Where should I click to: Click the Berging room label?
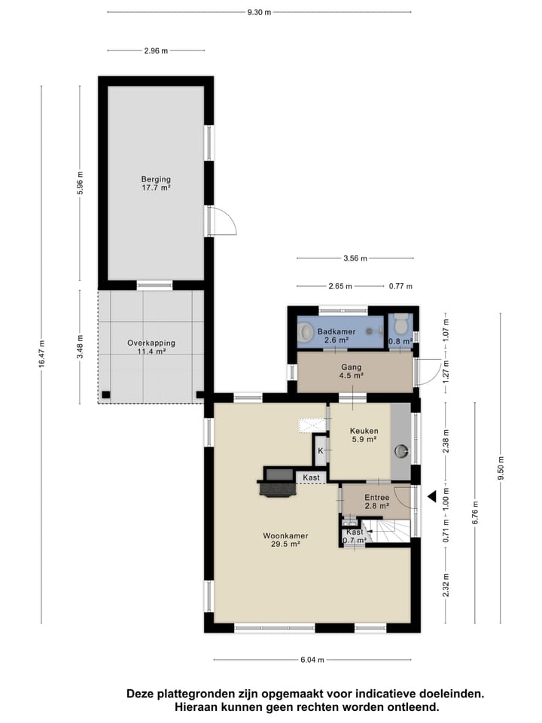[x=156, y=183]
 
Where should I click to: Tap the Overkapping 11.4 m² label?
[x=151, y=347]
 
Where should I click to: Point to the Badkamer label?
[x=333, y=336]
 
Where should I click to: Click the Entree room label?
[x=376, y=502]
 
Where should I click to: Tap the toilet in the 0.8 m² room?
[x=400, y=327]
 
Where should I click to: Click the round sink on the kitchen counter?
[x=402, y=452]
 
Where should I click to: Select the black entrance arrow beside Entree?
[x=432, y=496]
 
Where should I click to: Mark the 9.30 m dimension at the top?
[x=258, y=13]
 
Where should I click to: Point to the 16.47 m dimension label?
[x=41, y=354]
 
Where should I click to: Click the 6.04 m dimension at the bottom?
[x=311, y=660]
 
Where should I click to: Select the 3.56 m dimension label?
[x=355, y=258]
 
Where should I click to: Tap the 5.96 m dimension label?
[x=80, y=183]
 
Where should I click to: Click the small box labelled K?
[x=321, y=450]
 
